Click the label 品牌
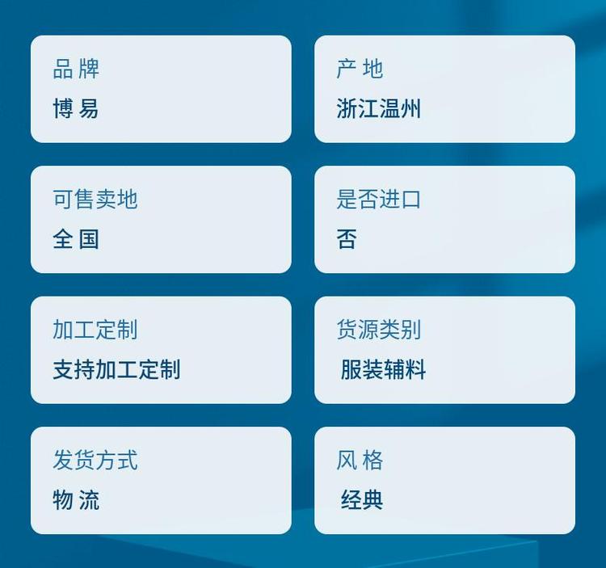coord(76,69)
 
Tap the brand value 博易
coord(76,108)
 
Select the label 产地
coord(360,69)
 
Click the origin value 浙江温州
coord(378,108)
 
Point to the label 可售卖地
coord(95,200)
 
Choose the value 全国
coord(76,239)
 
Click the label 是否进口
coord(378,200)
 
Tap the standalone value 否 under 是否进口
coord(347,239)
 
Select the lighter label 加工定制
coord(95,330)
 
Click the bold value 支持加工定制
coord(116,369)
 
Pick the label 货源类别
coord(378,330)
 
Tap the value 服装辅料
coord(383,369)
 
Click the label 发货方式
coord(95,461)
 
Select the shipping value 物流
coord(76,499)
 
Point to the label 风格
coord(360,461)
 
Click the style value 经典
coord(362,499)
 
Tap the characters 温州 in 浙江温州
coord(400,108)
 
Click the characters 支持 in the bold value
coord(74,369)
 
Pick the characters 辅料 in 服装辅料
coord(405,369)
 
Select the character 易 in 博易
coord(89,108)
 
